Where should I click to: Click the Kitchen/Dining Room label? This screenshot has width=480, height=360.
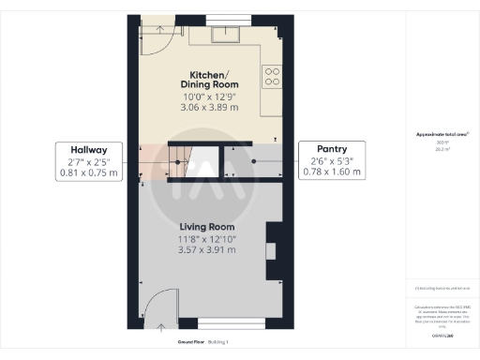pyautogui.click(x=215, y=79)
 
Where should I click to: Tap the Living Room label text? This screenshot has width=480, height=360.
pyautogui.click(x=207, y=227)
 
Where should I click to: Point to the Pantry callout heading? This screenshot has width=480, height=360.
pyautogui.click(x=332, y=149)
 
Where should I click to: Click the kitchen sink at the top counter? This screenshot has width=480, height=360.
pyautogui.click(x=225, y=36)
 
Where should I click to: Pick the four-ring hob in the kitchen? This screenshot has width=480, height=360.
pyautogui.click(x=272, y=77)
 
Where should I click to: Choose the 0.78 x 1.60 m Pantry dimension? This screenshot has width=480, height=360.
pyautogui.click(x=333, y=172)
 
